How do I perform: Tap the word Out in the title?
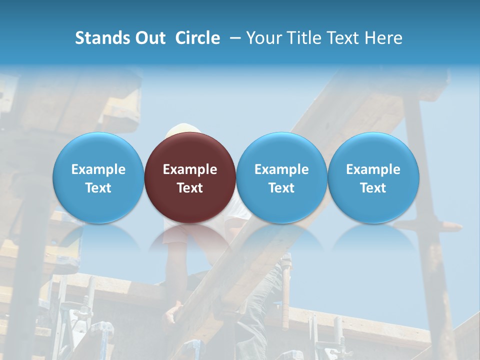coord(149,38)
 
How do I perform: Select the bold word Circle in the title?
coord(197,38)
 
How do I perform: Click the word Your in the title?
coord(262,38)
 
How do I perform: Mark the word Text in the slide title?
coord(343,38)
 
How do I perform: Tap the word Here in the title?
coord(384,38)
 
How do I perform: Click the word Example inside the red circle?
coord(190,169)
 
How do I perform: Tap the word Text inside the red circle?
coord(190,188)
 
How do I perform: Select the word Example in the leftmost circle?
coord(98,169)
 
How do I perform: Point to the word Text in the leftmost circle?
coord(98,188)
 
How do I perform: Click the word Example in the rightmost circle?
coord(373,169)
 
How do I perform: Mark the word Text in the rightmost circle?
coord(373,188)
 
